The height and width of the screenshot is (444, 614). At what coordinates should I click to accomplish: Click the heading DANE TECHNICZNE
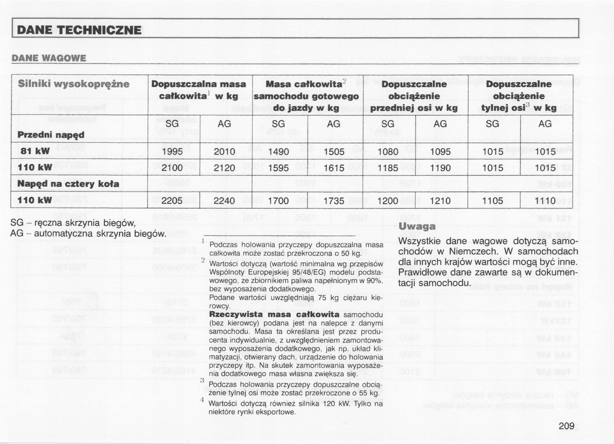(x=79, y=30)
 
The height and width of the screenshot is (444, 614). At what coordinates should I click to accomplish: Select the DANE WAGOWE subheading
(x=49, y=58)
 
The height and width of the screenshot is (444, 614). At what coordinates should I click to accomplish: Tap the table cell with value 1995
(x=172, y=152)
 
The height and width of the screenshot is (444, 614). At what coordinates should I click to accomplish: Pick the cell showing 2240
(x=224, y=201)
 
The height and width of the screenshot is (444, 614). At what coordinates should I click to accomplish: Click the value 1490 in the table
(x=278, y=152)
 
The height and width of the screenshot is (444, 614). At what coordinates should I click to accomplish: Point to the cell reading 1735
(x=334, y=201)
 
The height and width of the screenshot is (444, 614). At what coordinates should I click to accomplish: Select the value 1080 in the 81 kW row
(x=388, y=152)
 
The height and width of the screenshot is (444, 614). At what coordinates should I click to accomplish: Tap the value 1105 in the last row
(x=493, y=201)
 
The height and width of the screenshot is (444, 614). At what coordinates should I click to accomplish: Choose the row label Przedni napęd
(x=51, y=135)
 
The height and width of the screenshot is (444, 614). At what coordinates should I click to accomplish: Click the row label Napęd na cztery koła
(x=68, y=184)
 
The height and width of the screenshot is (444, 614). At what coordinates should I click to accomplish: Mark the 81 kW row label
(x=35, y=151)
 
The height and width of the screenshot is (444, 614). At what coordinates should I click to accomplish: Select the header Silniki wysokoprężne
(x=73, y=84)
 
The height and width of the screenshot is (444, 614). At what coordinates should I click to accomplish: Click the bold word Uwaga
(x=417, y=226)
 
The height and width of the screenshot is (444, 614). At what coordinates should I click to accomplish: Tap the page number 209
(x=566, y=426)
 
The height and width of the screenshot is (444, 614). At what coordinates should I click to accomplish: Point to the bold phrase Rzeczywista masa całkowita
(x=274, y=314)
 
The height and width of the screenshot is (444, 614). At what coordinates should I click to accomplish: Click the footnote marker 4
(x=202, y=400)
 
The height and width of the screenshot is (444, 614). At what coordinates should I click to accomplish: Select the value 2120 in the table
(x=224, y=168)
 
